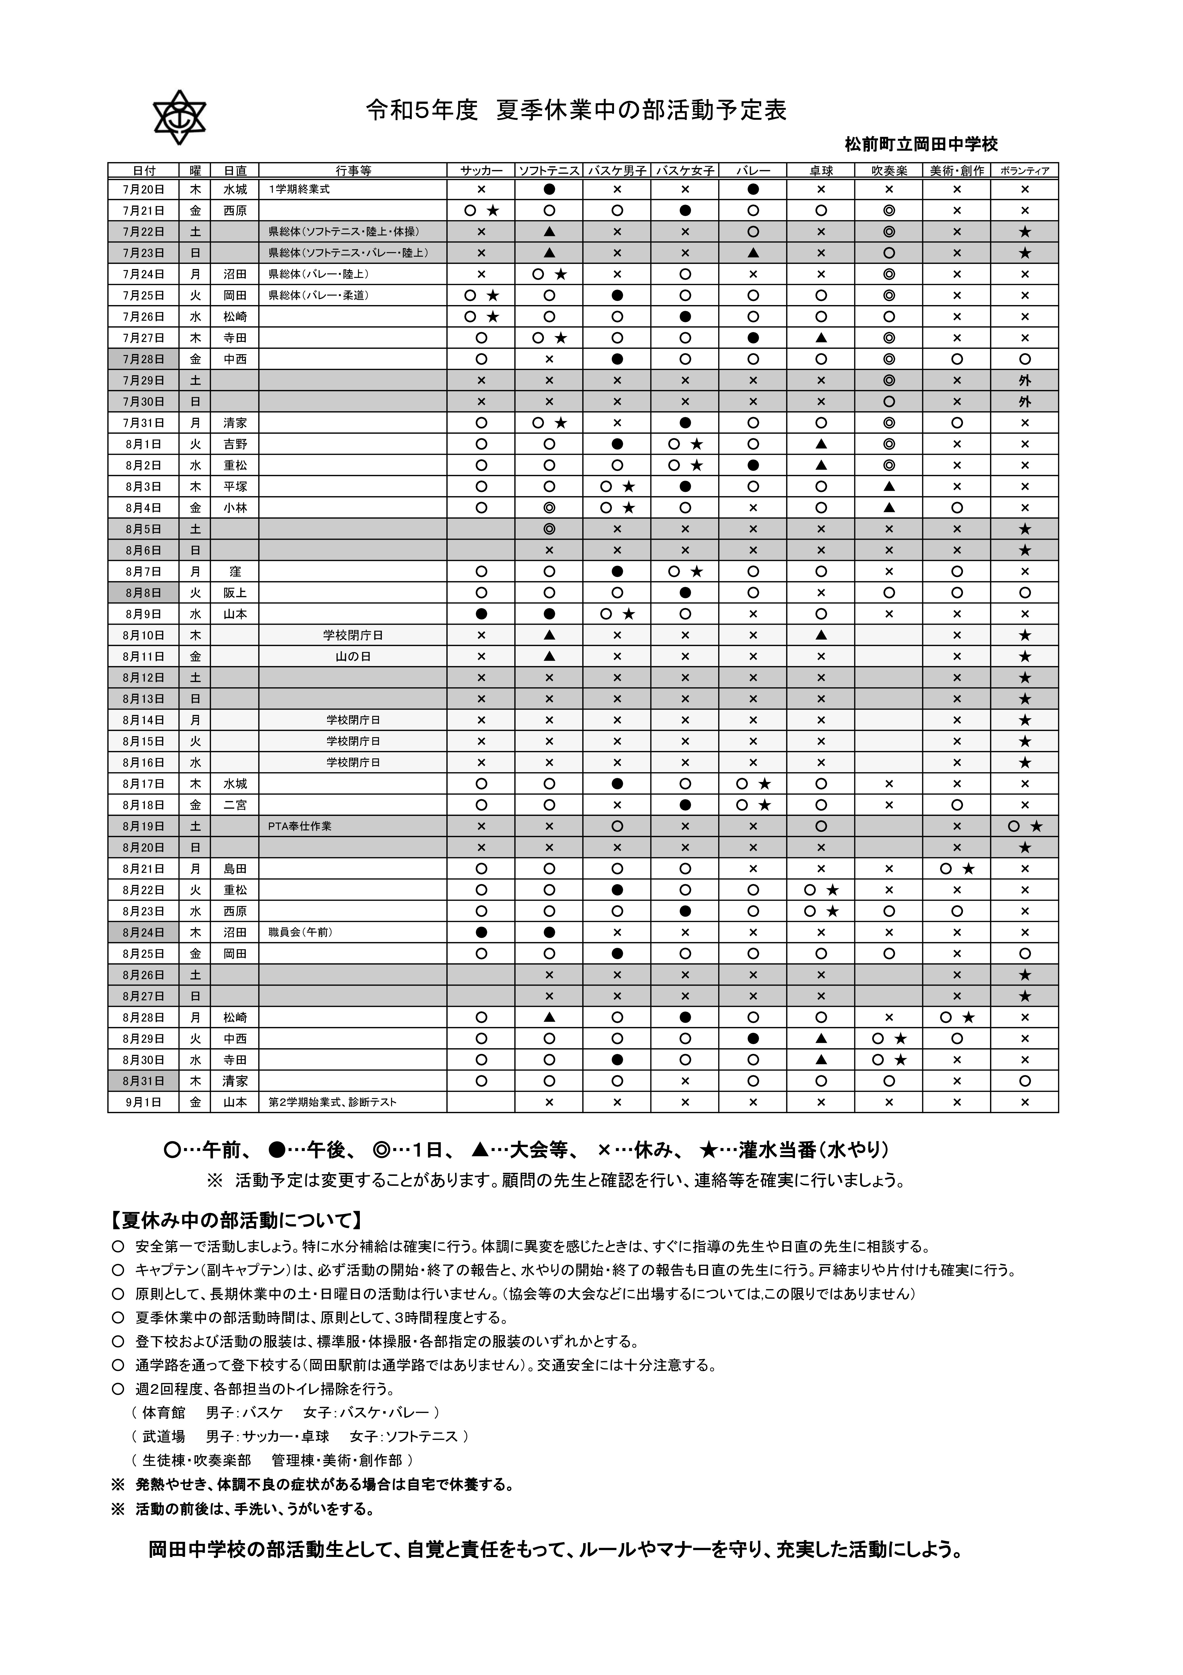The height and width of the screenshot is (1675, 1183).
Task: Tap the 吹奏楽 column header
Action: pyautogui.click(x=888, y=171)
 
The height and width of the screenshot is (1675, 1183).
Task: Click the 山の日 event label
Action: pyautogui.click(x=353, y=657)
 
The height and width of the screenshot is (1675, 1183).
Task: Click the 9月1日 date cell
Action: pyautogui.click(x=144, y=1102)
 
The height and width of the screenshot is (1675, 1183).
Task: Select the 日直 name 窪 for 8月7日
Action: pyautogui.click(x=235, y=572)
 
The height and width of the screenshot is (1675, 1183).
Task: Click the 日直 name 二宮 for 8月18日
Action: pyautogui.click(x=235, y=805)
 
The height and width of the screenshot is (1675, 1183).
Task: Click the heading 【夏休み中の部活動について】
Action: pyautogui.click(x=235, y=1220)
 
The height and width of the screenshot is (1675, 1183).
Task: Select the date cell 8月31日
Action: pyautogui.click(x=144, y=1081)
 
